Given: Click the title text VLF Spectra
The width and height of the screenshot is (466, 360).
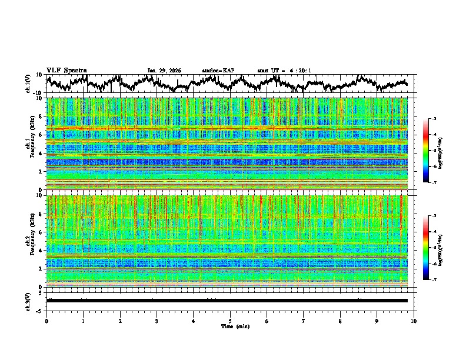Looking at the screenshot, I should point(66,70).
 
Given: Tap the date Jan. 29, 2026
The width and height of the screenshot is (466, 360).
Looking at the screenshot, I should point(164,71).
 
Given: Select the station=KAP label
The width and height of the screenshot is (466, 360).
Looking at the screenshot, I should point(218,71).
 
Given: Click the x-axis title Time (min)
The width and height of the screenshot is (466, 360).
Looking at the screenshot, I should point(230,326).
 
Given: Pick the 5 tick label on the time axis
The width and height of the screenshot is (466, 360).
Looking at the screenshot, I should point(230,321).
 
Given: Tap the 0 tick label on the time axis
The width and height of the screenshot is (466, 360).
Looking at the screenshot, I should point(46,321).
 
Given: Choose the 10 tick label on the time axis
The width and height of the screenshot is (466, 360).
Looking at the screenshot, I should point(414,321).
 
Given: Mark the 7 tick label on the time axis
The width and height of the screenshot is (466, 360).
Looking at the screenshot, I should point(304,321).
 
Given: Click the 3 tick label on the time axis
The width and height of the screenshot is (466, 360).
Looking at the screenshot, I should point(157,321).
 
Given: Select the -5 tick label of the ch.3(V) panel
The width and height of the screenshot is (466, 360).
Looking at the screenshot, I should point(39,309).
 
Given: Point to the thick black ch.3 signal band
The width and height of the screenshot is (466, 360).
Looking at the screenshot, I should point(227,301).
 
